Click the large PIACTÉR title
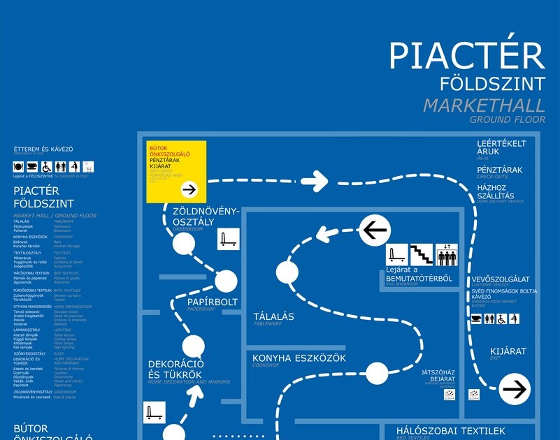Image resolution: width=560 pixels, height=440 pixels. pyautogui.click(x=466, y=55)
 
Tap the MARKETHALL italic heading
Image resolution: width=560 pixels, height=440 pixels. pyautogui.click(x=484, y=106)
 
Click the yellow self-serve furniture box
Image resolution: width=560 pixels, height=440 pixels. pyautogui.click(x=175, y=171)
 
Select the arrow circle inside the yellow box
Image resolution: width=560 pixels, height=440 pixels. pyautogui.click(x=189, y=189)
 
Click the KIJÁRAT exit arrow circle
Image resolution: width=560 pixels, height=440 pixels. pyautogui.click(x=515, y=390)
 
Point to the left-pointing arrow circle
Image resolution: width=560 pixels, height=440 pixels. pyautogui.click(x=375, y=229)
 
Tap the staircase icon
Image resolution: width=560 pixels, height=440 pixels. pyautogui.click(x=422, y=255)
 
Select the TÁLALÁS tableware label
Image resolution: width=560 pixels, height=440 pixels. pyautogui.click(x=273, y=317)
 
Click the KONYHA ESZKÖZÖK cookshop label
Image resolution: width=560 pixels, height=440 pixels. pyautogui.click(x=299, y=358)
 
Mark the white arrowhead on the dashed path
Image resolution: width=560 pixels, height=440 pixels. pyautogui.click(x=315, y=181)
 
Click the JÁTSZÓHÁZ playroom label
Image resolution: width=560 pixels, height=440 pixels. pyautogui.click(x=438, y=372)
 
